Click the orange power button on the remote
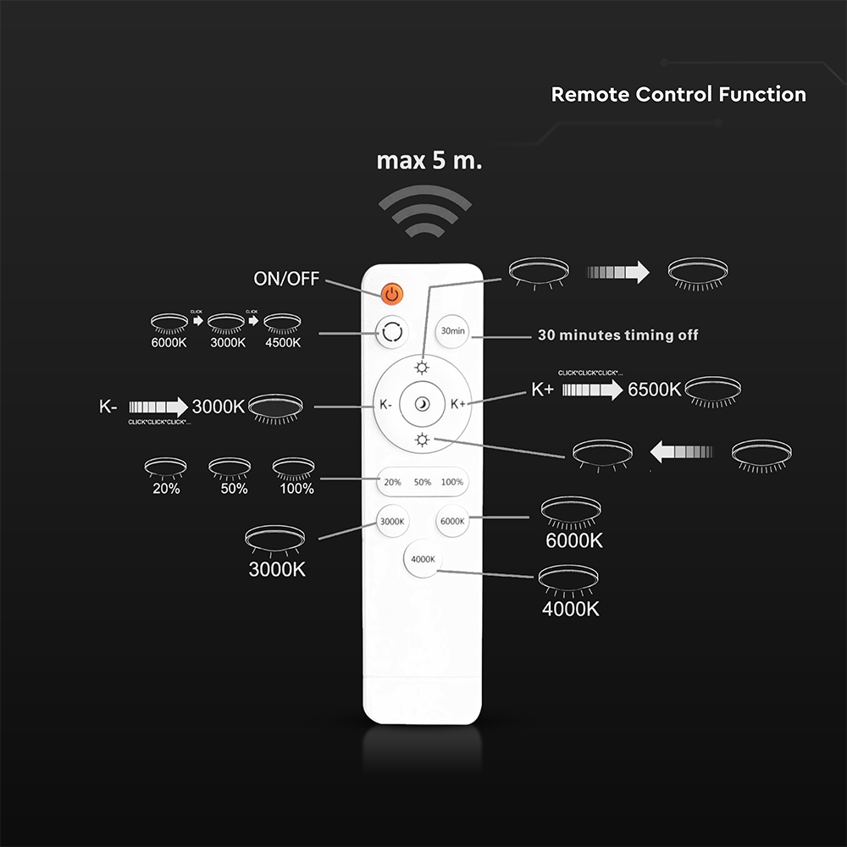click(391, 294)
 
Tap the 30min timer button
click(452, 331)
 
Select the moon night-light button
click(421, 406)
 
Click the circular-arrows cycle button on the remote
click(390, 332)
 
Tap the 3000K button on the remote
click(391, 521)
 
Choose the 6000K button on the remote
click(451, 521)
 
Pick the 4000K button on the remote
click(421, 559)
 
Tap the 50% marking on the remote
click(422, 482)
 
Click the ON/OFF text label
click(285, 279)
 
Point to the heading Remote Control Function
click(678, 94)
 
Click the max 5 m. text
click(429, 161)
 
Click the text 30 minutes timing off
click(618, 335)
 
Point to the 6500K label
click(654, 390)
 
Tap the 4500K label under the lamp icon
click(281, 343)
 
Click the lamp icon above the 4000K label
click(571, 581)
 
